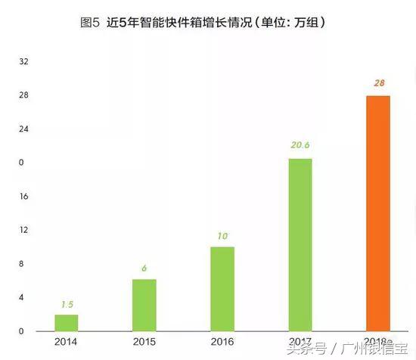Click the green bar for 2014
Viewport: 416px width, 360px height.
point(67,323)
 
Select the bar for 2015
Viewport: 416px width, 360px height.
point(144,306)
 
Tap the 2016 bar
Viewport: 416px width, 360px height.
point(222,289)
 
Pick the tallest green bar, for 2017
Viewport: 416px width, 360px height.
point(300,244)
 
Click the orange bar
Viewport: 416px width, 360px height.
point(377,213)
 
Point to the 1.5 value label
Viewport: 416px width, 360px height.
point(67,304)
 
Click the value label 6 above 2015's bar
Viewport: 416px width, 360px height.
point(144,268)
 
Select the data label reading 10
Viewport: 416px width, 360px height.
point(222,236)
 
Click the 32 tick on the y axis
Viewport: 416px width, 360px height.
point(23,61)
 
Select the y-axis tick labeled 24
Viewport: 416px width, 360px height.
point(23,129)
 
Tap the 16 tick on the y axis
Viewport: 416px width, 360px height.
point(23,197)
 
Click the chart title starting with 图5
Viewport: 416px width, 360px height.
point(209,22)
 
